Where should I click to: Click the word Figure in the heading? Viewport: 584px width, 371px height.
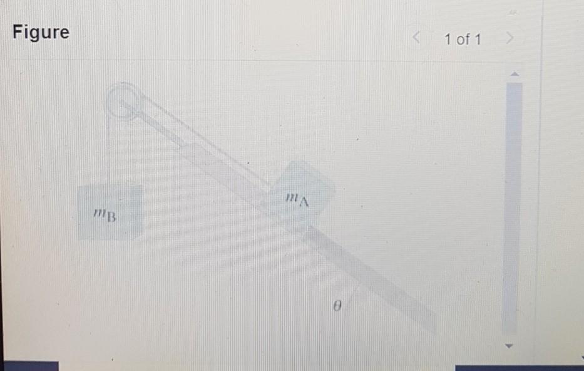pyautogui.click(x=41, y=33)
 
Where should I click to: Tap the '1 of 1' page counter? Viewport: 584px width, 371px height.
pyautogui.click(x=463, y=40)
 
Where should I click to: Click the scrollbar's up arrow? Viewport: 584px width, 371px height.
pyautogui.click(x=513, y=74)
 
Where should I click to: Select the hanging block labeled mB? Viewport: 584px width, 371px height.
pyautogui.click(x=110, y=212)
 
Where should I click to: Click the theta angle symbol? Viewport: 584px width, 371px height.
pyautogui.click(x=336, y=307)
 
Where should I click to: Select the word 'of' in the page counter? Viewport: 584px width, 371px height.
pyautogui.click(x=463, y=40)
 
